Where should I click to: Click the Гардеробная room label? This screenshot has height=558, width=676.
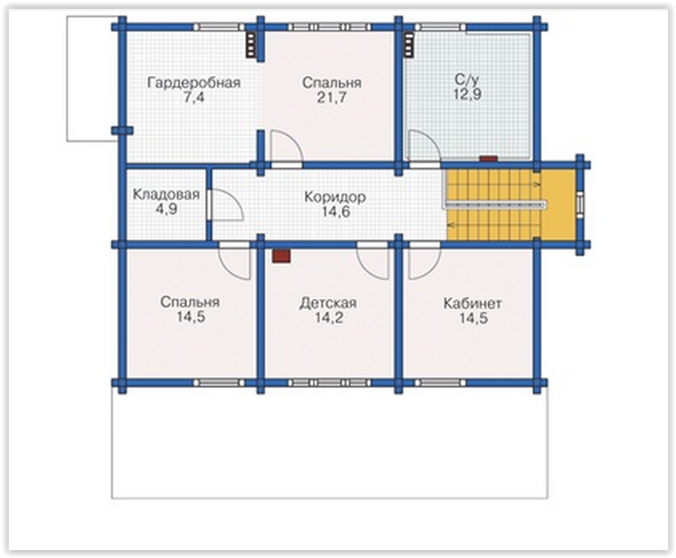pos(194,83)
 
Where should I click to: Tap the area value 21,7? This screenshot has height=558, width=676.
pos(331,97)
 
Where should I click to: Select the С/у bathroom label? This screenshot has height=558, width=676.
pos(468,80)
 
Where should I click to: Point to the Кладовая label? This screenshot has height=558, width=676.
pos(166,195)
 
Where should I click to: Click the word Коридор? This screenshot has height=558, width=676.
pos(335,197)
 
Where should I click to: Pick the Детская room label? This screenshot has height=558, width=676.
pos(328,303)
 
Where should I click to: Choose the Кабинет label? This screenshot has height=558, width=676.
pos(472,304)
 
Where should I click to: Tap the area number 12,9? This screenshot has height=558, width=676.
pos(468,93)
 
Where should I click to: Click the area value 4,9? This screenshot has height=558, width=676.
pos(166,209)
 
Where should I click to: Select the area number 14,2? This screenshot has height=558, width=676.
pos(328,318)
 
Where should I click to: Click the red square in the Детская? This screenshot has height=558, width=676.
pos(282,256)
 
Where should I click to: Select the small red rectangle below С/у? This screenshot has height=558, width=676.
pos(488,159)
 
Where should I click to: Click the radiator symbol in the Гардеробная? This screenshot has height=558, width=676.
pos(251,44)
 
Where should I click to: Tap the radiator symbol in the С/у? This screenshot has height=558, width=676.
pos(409,44)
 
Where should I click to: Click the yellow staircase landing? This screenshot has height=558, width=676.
pos(558,205)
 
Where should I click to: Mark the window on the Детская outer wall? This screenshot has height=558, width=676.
pos(329,383)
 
